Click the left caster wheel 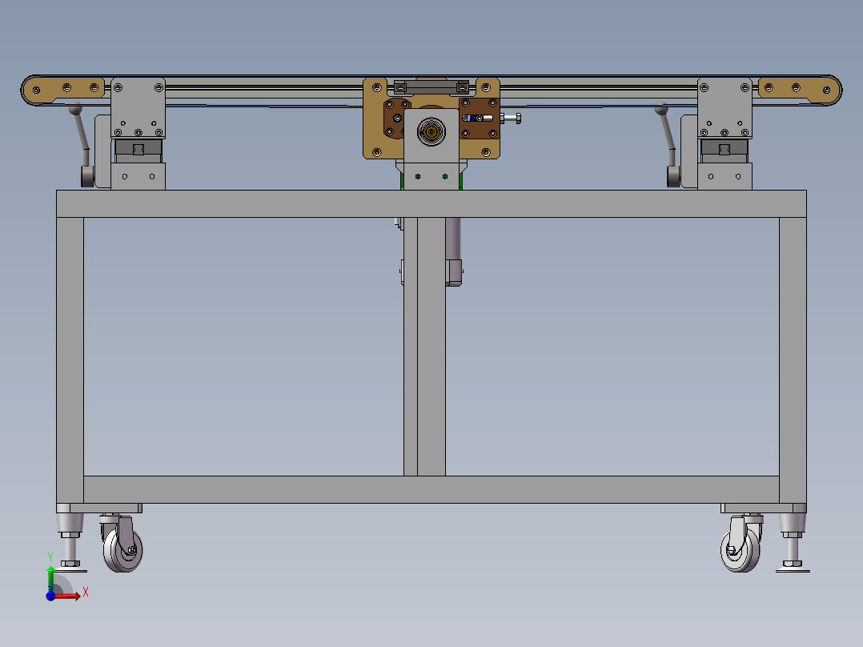pyautogui.click(x=122, y=550)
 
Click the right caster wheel pyautogui.click(x=740, y=550)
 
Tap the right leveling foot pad pyautogui.click(x=793, y=569)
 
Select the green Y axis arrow pyautogui.click(x=50, y=579)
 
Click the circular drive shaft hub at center pyautogui.click(x=431, y=132)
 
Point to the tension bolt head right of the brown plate pyautogui.click(x=517, y=118)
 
